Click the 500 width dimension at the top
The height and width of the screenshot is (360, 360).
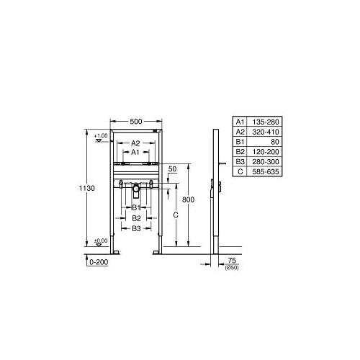136,122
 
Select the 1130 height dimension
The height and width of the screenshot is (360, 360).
87,188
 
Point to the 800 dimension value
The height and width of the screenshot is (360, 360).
188,199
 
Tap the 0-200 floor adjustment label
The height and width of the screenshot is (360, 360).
99,262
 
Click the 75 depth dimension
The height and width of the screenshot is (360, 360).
232,260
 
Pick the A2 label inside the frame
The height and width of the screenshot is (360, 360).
135,143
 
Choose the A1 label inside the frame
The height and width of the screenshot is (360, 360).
135,152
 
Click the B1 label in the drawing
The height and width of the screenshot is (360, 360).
136,207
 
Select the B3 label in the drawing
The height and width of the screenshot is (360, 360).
136,228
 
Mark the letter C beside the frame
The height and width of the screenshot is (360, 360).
176,215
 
